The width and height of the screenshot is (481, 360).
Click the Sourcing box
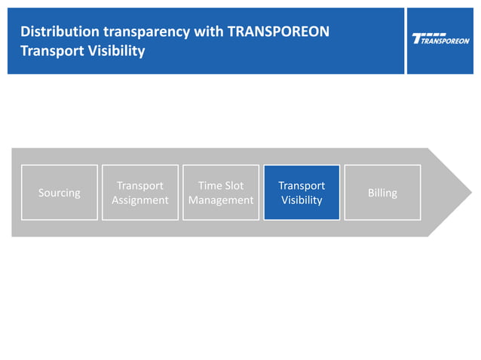click(60, 193)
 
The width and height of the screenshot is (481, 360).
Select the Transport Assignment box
click(140, 193)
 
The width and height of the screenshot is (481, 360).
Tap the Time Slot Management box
click(221, 193)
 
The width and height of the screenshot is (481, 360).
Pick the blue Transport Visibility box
click(302, 193)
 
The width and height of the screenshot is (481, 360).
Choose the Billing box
click(382, 193)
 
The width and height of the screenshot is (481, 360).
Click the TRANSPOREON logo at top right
click(441, 39)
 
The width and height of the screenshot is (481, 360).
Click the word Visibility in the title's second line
click(113, 52)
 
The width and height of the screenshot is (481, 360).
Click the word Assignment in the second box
click(140, 200)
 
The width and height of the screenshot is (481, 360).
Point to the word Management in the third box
click(221, 200)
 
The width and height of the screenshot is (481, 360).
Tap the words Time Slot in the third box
click(221, 185)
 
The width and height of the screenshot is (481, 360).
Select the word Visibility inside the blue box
click(302, 200)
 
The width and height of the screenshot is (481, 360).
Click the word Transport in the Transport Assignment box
click(140, 185)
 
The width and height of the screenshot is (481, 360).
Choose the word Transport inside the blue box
click(302, 185)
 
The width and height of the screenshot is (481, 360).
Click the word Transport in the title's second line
click(49, 52)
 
